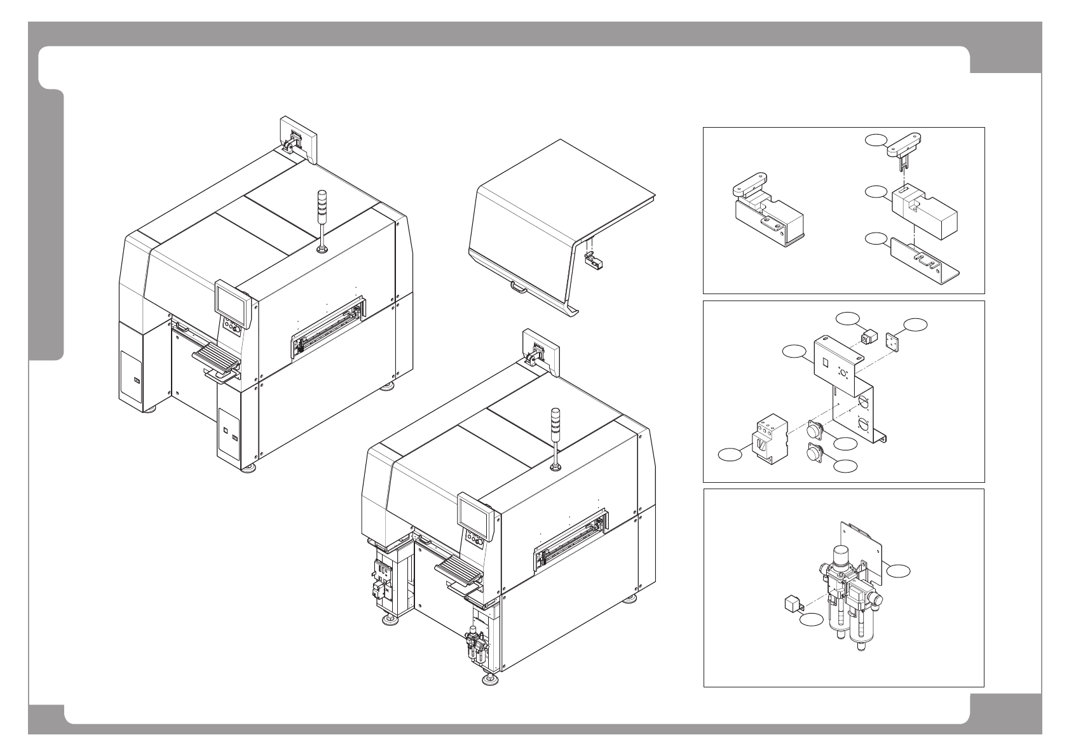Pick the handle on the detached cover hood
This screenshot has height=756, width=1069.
[x=519, y=288]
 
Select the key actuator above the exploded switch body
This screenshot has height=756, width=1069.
[x=903, y=145]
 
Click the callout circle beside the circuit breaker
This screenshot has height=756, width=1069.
[x=730, y=454]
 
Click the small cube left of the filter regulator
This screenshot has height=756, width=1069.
[x=790, y=602]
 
